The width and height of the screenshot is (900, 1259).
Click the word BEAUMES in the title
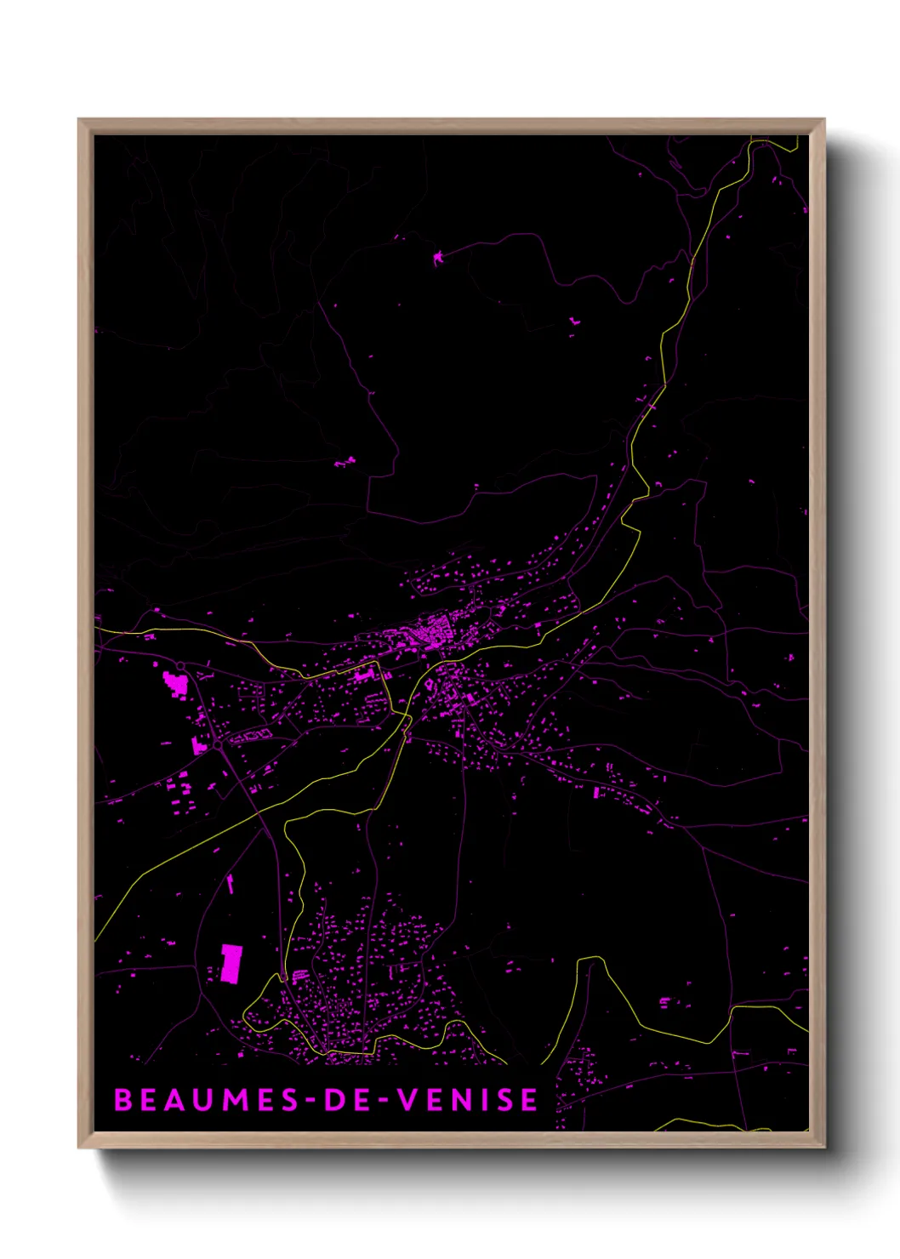pyautogui.click(x=207, y=1100)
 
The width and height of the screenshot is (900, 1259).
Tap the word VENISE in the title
pyautogui.click(x=468, y=1100)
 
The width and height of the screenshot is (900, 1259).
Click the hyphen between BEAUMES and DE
pyautogui.click(x=310, y=1101)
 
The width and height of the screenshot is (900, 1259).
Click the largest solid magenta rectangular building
pyautogui.click(x=231, y=962)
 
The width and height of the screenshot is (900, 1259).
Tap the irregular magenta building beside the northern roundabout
pyautogui.click(x=175, y=682)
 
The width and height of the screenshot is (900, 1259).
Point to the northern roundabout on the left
pyautogui.click(x=181, y=665)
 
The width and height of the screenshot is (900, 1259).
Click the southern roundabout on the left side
pyautogui.click(x=218, y=744)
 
